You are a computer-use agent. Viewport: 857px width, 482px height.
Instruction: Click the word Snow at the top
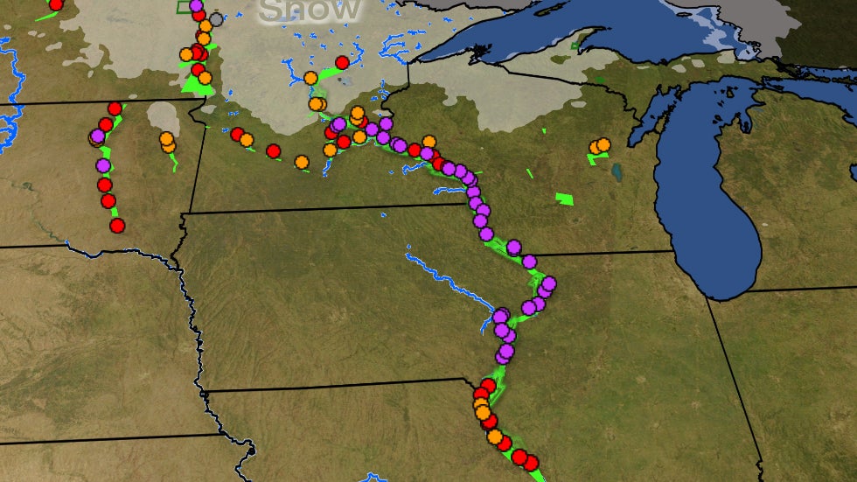point(310,10)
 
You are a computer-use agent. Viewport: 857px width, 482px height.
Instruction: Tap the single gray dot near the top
point(216,18)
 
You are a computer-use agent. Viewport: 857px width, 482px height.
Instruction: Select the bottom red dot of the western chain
point(117,226)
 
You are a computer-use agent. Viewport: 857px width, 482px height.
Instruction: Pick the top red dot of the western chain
point(115,108)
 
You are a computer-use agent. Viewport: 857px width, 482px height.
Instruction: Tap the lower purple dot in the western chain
point(103,165)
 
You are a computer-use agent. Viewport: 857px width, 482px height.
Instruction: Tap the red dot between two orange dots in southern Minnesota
point(273,151)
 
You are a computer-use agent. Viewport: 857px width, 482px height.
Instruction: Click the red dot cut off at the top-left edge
point(56,3)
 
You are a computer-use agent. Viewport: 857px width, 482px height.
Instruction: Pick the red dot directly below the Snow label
point(342,62)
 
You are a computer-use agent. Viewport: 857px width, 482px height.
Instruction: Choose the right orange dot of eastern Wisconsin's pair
point(603,144)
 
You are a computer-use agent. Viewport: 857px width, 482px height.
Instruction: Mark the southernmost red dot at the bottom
point(531,462)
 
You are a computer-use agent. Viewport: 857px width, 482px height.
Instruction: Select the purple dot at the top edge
point(196,6)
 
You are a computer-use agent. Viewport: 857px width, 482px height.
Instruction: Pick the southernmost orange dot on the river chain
point(495,437)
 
